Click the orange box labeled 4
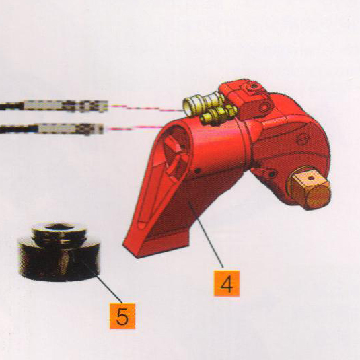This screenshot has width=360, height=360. click(227, 283)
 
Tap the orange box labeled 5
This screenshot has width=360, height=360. click(122, 316)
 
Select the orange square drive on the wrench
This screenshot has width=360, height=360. click(310, 188)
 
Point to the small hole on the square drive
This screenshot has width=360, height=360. click(310, 178)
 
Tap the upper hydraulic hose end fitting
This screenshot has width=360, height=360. click(54, 106)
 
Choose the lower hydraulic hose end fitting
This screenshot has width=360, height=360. click(52, 129)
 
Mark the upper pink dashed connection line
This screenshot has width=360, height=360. click(146, 108)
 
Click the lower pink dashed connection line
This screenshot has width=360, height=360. click(135, 128)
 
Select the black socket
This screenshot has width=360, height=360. click(59, 252)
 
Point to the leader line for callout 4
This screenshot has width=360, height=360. click(205, 234)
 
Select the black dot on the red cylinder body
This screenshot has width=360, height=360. click(197, 171)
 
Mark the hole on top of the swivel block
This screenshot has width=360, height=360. click(253, 86)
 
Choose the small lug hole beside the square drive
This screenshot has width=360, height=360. click(272, 174)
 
